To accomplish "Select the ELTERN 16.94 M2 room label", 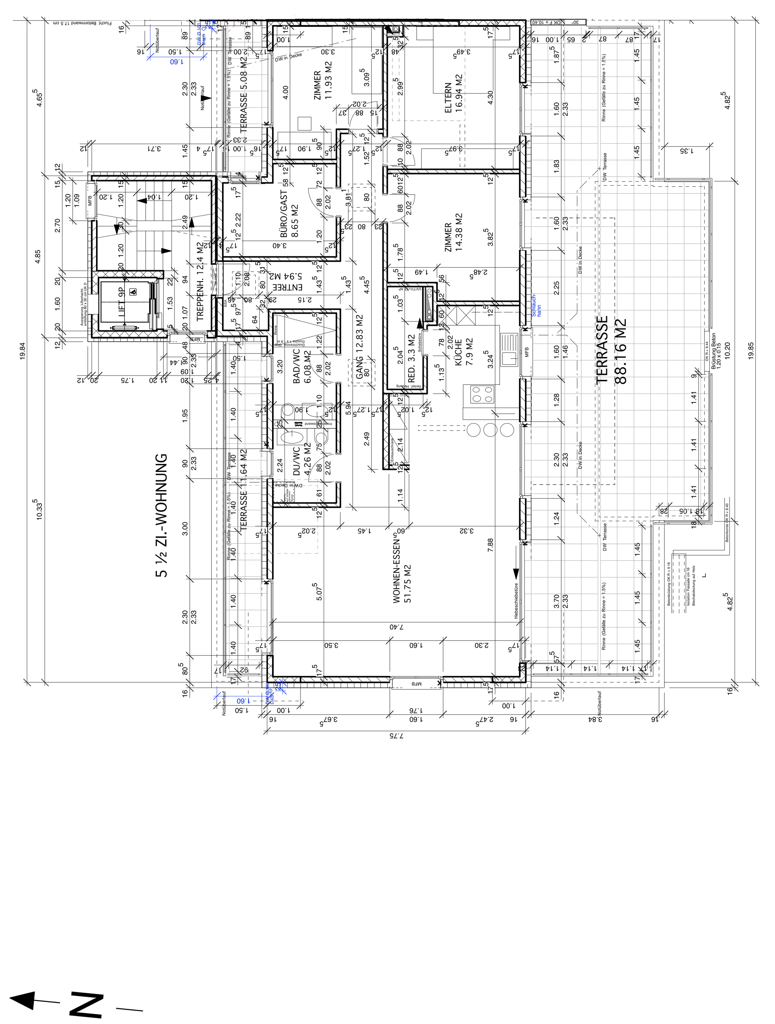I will click(x=454, y=98).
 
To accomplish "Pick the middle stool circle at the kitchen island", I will click(x=490, y=430).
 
